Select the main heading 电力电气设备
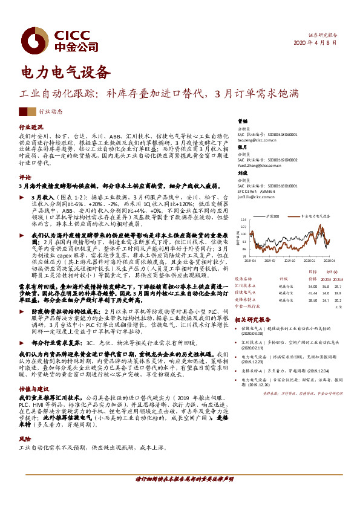tap(66, 72)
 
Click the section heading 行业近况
tap(31, 128)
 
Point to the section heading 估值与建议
tap(34, 373)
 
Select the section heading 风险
tap(26, 421)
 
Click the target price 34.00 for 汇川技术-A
tap(312, 287)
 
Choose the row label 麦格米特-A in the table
tap(246, 299)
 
